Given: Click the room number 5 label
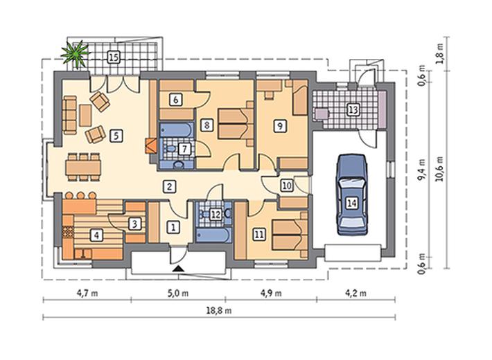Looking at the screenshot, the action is coord(116,136).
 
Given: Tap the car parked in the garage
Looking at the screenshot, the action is coord(352,195).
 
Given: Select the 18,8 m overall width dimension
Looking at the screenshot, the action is coord(219,311).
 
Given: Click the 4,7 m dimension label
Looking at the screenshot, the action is coord(87,294).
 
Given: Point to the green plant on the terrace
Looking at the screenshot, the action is coord(76,54).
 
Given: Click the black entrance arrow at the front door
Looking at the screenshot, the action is coord(178,268).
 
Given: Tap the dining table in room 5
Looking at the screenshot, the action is coord(83,167).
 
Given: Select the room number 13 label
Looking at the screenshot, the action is coord(353,110).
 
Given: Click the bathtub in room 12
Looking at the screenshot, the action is coord(213,235).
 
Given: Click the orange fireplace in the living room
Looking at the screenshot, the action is coord(151,145).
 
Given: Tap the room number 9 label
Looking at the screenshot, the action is coord(280,126).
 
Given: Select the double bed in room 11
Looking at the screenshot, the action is coord(290,234).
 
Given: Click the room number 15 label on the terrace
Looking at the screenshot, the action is coord(114,57).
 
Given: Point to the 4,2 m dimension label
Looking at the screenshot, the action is coord(355,294).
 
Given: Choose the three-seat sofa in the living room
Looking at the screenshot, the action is coord(70,115).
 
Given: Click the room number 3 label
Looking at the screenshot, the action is coord(134,224).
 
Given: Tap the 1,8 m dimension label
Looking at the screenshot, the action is coord(440,53).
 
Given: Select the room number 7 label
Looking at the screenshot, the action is coord(184,149).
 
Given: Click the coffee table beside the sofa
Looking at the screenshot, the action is coord(85,116).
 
